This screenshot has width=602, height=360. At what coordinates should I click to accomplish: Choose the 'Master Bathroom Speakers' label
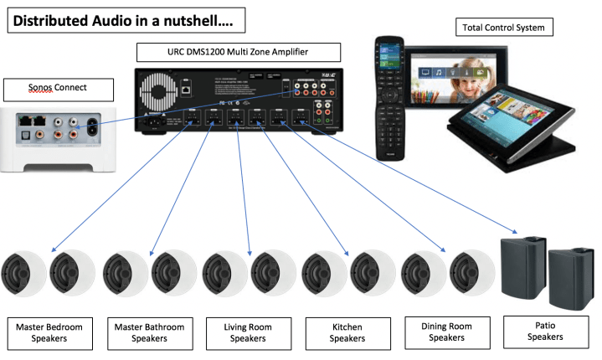(x=147, y=331)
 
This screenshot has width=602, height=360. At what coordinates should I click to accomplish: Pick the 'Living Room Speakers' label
(x=248, y=331)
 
